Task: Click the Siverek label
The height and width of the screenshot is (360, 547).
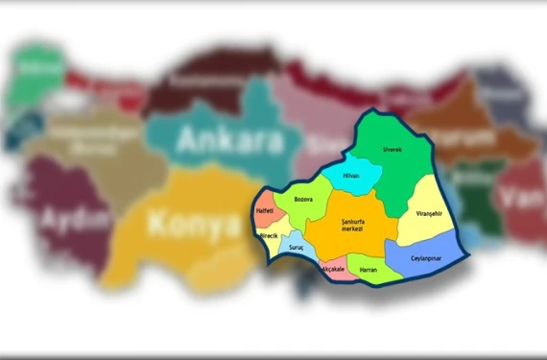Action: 392,150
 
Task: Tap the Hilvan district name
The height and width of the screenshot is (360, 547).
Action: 351,176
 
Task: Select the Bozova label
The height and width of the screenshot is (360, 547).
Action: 304,199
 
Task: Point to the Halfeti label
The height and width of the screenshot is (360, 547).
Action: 264,210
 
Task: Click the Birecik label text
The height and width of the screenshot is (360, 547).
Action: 269,235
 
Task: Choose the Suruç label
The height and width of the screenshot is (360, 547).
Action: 296,248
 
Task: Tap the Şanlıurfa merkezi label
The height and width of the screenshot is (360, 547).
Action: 356,226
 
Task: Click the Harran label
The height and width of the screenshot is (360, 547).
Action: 368,270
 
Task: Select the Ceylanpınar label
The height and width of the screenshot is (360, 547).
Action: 425,257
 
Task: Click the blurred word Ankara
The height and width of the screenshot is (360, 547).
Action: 230,141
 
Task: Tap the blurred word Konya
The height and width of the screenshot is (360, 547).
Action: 192,225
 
